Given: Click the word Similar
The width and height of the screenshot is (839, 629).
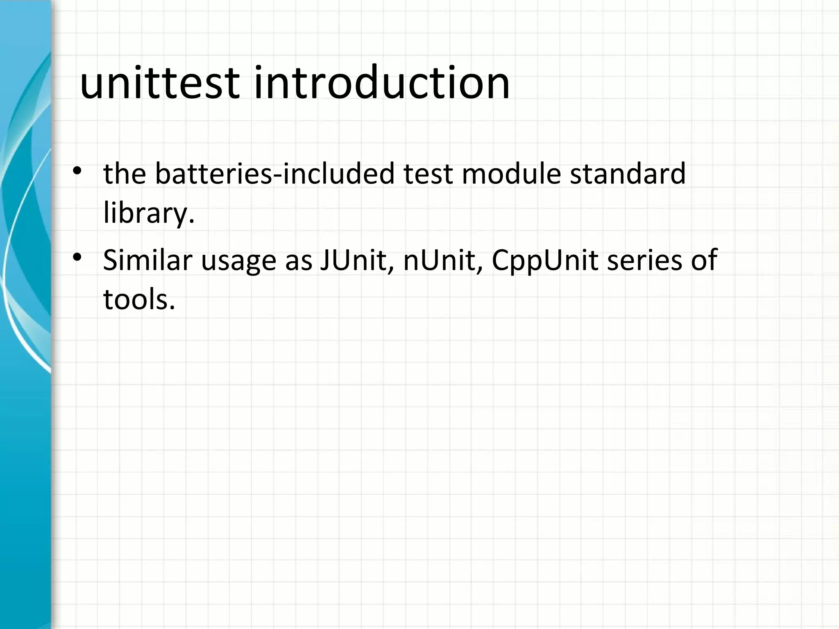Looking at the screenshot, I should pyautogui.click(x=148, y=260).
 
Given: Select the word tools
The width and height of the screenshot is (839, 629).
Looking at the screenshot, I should pyautogui.click(x=136, y=299).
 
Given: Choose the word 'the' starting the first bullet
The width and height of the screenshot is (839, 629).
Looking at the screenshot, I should pyautogui.click(x=125, y=174).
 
